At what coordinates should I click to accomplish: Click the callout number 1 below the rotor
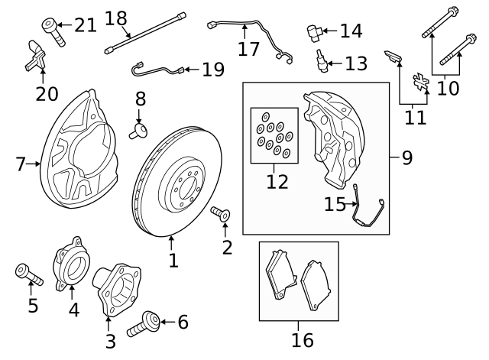tap(173, 261)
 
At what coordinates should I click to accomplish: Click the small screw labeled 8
tap(139, 131)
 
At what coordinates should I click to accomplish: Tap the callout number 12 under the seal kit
tap(277, 182)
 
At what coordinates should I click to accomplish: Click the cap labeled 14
tap(314, 31)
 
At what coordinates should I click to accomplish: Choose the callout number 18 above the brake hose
tap(115, 18)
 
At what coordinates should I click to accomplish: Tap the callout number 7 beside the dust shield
tap(21, 164)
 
